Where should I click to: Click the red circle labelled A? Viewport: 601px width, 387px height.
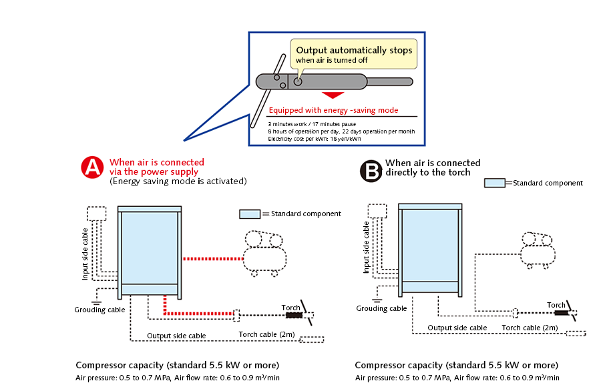click(x=92, y=168)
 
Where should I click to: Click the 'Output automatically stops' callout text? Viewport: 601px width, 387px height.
click(x=354, y=51)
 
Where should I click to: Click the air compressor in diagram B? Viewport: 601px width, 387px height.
click(x=538, y=248)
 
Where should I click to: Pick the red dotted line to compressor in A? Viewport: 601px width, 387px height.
click(x=210, y=258)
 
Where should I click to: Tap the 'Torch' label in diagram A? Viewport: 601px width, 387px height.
click(x=290, y=308)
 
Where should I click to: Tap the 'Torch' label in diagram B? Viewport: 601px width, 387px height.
click(x=556, y=305)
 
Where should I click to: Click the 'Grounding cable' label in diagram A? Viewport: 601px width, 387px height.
click(x=99, y=310)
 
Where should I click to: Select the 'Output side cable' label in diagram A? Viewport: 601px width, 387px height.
click(x=176, y=336)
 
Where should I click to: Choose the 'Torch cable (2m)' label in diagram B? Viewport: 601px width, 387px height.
click(x=530, y=328)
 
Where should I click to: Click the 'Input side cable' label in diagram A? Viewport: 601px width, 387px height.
click(x=85, y=253)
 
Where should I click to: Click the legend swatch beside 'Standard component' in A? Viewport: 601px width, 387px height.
click(x=249, y=214)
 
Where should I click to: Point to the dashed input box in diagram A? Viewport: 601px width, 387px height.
click(x=97, y=214)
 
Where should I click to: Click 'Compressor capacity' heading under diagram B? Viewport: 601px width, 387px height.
click(x=456, y=365)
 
